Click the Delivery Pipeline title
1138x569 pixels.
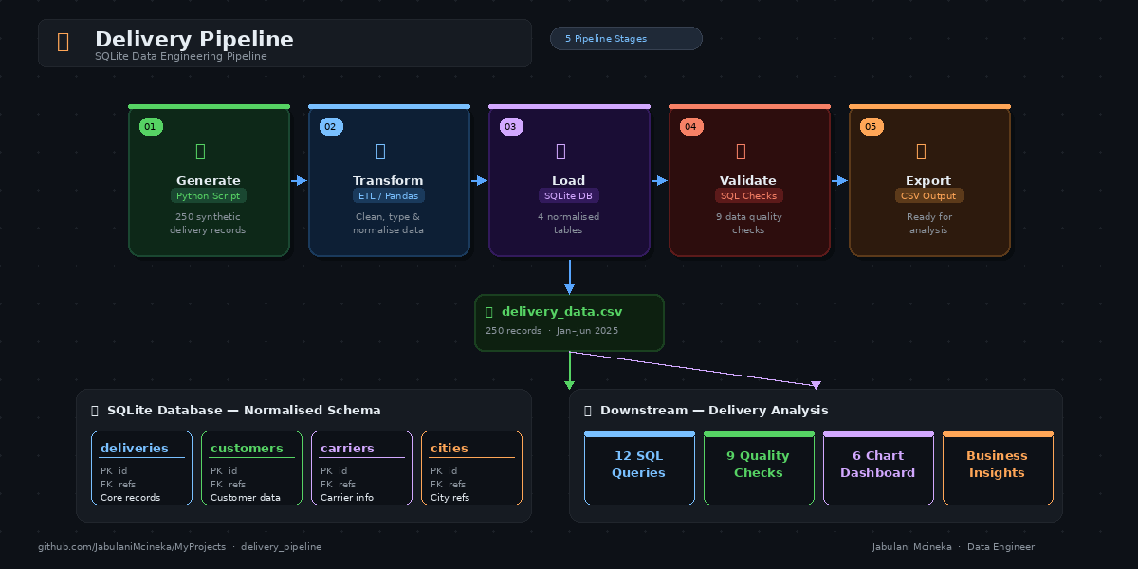193,40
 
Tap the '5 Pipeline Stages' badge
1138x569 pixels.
626,39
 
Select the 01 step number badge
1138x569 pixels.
151,127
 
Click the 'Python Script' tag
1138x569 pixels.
209,196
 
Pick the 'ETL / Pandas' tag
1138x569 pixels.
388,196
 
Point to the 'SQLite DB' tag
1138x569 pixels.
568,196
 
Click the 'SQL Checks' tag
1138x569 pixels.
748,196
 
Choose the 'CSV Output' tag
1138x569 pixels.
928,196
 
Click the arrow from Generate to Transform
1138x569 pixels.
299,180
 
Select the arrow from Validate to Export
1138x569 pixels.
839,180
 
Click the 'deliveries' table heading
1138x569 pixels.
135,449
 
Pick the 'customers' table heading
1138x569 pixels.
247,449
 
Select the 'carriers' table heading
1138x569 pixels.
347,449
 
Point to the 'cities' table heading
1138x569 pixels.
449,449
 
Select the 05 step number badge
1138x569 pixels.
872,127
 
